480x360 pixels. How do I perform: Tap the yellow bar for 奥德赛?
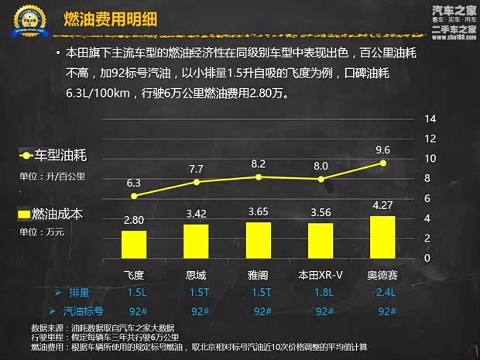point(382,237)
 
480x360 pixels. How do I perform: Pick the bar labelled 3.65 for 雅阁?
point(258,240)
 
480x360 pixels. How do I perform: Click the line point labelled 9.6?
point(382,163)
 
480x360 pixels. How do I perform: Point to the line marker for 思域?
point(196,182)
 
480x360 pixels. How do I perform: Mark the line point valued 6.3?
point(134,196)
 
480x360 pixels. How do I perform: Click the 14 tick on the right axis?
point(430,118)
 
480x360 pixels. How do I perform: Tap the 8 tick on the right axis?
point(430,178)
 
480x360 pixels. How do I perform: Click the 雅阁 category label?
point(258,275)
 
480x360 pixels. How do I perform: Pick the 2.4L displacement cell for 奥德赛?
point(382,293)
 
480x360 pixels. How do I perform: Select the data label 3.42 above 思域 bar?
point(196,213)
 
